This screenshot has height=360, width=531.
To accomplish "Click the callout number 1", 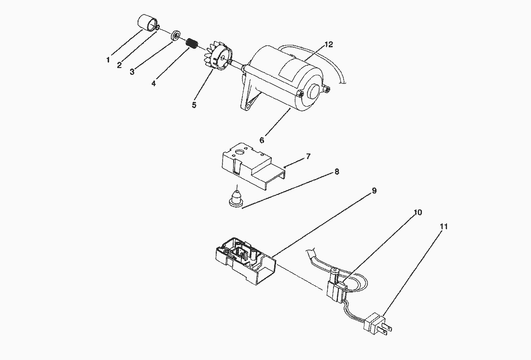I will coord(108,60).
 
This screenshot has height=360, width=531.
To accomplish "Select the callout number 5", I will coord(194,104).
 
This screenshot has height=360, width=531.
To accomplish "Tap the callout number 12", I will coord(329,44).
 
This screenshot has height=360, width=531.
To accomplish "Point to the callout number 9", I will coord(374,191).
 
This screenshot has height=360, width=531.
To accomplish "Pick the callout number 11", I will coord(444,226).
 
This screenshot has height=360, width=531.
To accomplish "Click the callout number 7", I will coord(308,156).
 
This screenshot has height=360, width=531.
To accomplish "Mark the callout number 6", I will coord(262,140).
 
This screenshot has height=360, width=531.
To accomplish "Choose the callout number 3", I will coord(132,72).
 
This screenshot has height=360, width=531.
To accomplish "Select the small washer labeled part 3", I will coord(176,36).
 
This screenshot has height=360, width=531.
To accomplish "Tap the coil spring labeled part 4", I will coord(193,43).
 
